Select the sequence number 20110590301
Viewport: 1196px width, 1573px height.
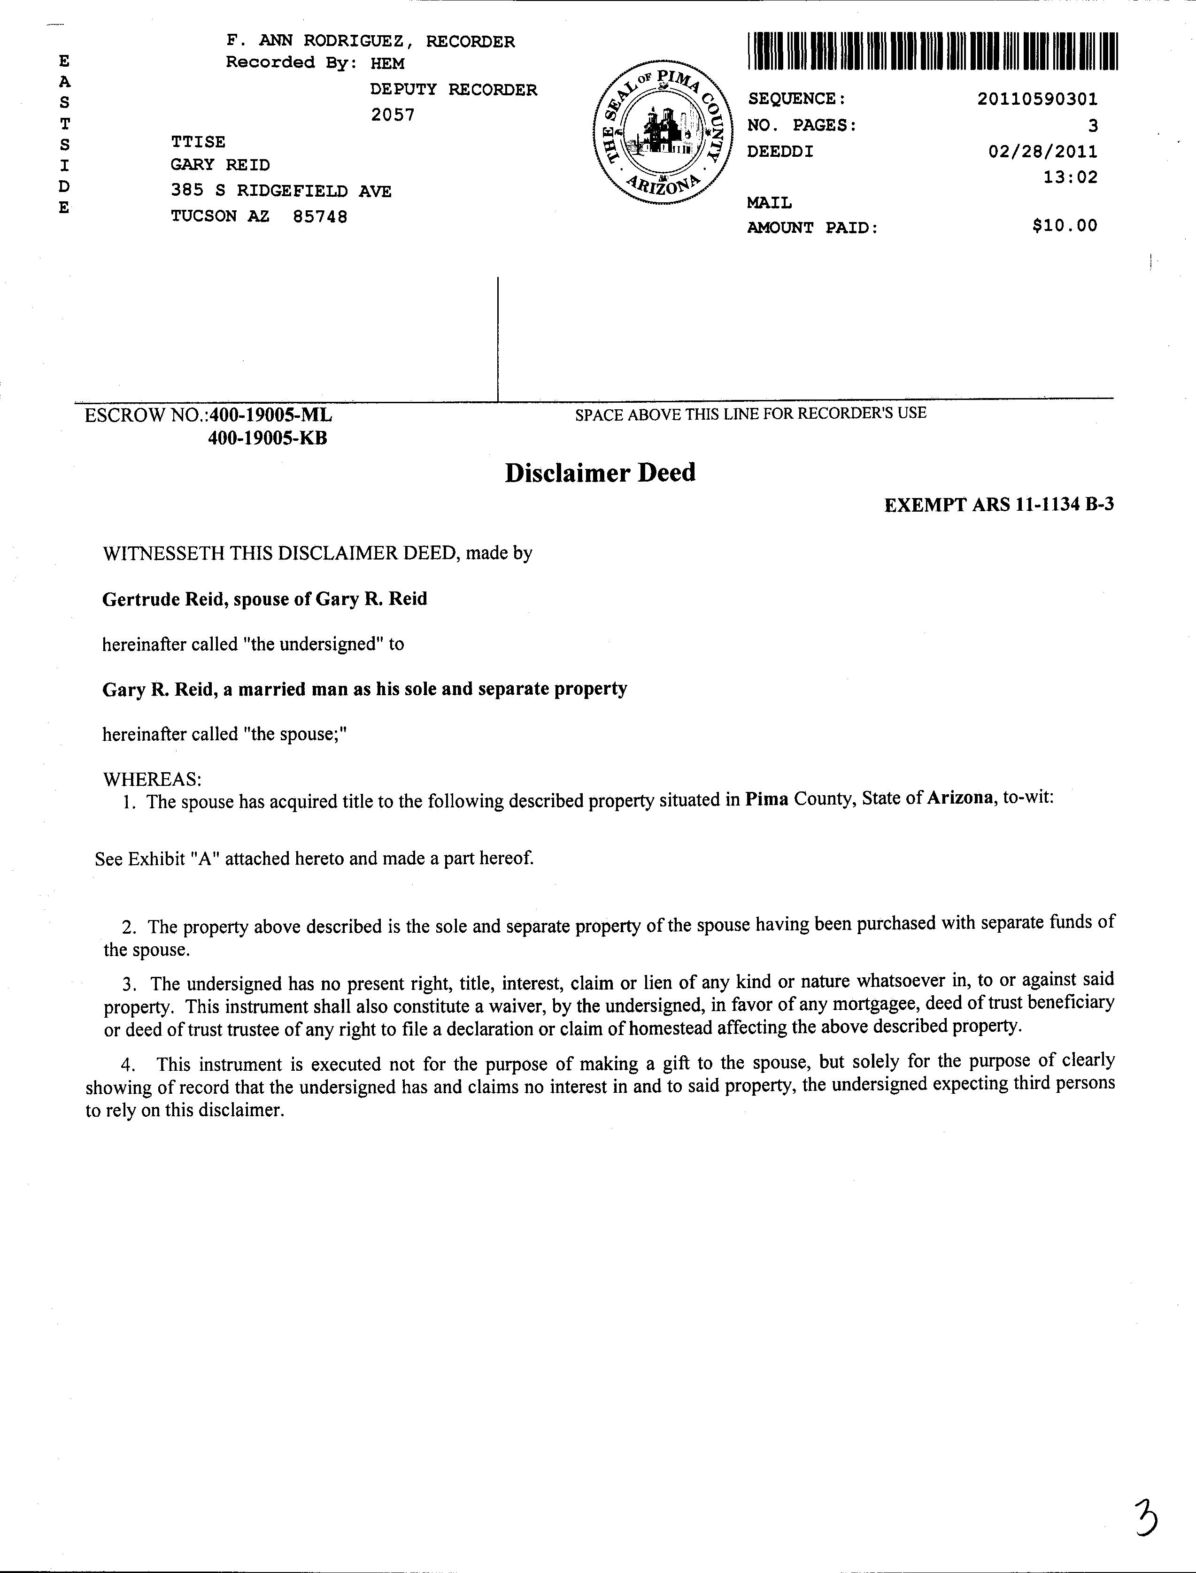tap(1037, 100)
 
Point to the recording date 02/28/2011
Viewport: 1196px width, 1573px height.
tap(1043, 152)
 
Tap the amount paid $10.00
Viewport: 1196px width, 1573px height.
tap(1065, 226)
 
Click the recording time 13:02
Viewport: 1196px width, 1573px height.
tap(1070, 177)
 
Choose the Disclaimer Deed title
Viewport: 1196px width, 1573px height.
tap(600, 473)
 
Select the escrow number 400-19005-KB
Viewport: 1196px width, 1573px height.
tap(267, 438)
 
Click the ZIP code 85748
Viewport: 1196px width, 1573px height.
tap(320, 217)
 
